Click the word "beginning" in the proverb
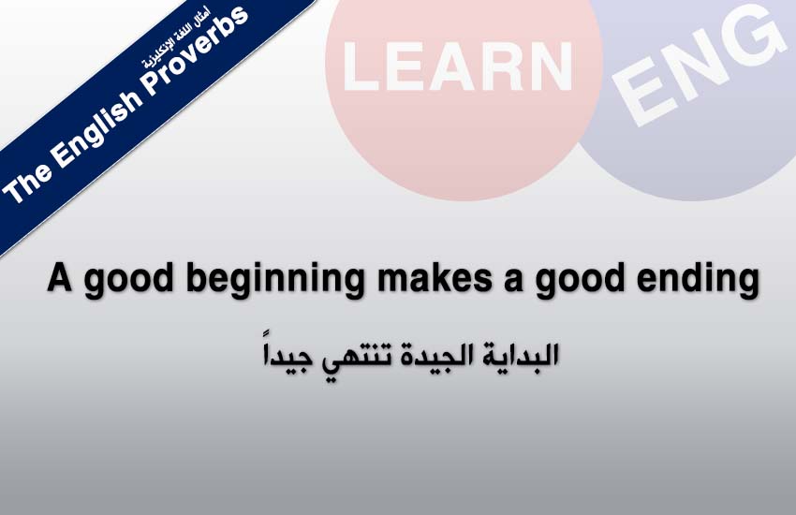pos(275,279)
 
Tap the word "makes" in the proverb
pos(435,278)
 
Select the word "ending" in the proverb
pos(698,279)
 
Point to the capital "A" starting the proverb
pos(59,277)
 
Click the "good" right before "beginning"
pos(129,280)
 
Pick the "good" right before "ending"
pos(580,280)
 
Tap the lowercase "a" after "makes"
pos(514,281)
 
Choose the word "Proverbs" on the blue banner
pos(197,53)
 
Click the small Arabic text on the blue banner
pos(176,38)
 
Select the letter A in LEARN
pos(459,66)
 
